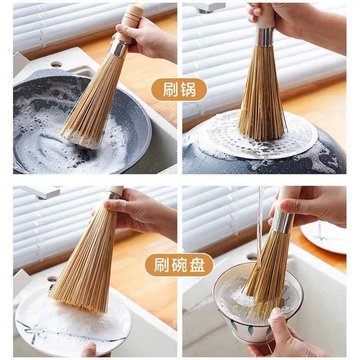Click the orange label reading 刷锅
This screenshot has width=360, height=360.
tap(179, 90)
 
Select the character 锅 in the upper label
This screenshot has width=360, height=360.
tap(187, 90)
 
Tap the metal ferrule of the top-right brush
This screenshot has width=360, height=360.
tap(264, 37)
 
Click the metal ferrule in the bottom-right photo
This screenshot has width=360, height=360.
tap(282, 222)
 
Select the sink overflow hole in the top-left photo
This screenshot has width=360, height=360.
tap(57, 64)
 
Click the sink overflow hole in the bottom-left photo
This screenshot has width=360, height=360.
tap(52, 279)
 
